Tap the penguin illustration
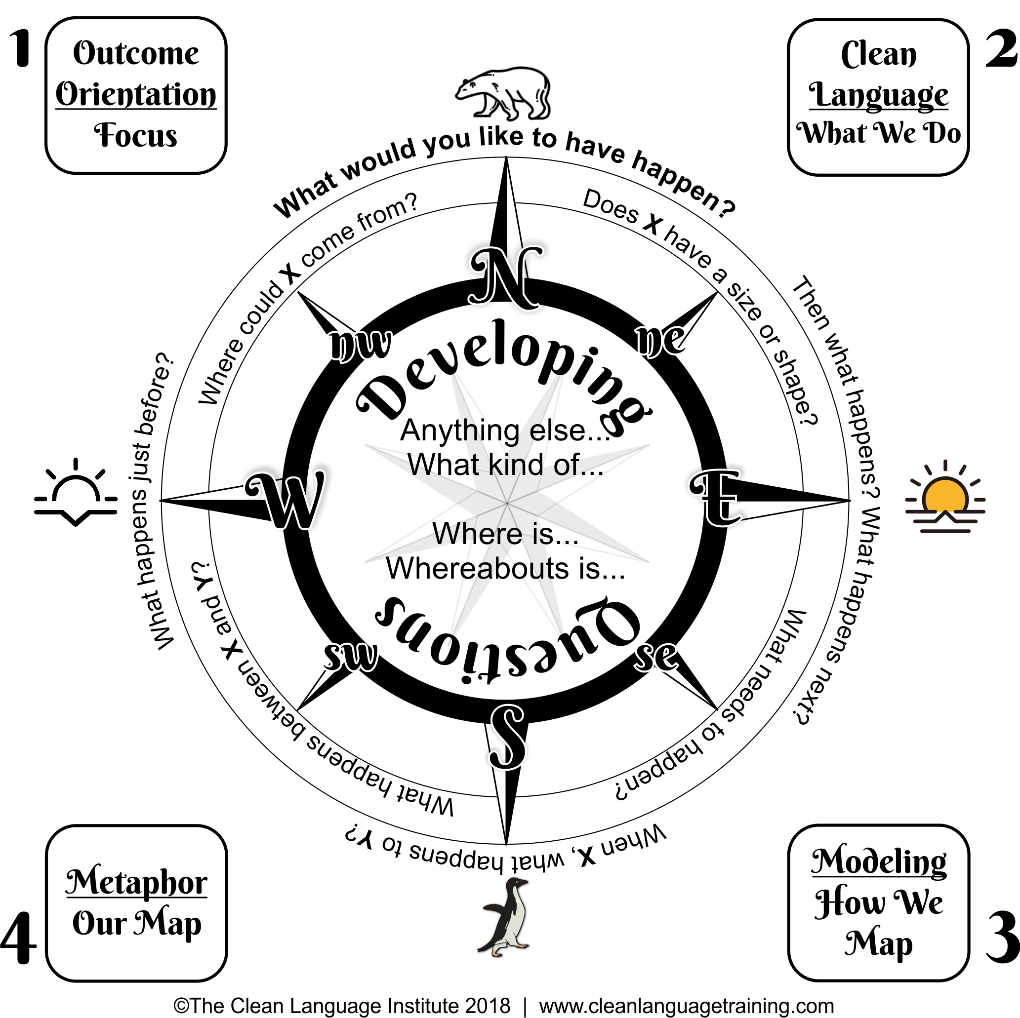(505, 917)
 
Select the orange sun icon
(945, 497)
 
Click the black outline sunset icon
(76, 492)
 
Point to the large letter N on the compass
(505, 276)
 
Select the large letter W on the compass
(285, 499)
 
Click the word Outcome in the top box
(136, 53)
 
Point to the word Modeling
(879, 862)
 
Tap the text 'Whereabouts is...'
(505, 568)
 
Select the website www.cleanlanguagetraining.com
(686, 1005)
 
